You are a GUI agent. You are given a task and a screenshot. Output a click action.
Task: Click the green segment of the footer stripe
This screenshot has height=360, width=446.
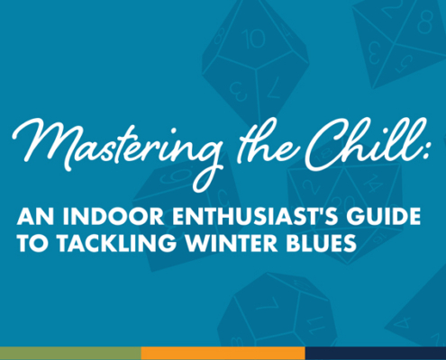pyautogui.click(x=70, y=354)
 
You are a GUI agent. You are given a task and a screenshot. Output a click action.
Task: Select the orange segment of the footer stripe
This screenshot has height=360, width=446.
pyautogui.click(x=223, y=354)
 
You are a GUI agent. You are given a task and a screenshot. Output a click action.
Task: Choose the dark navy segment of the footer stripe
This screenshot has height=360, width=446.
pyautogui.click(x=376, y=354)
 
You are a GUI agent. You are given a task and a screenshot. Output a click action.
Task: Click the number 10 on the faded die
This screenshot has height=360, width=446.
pyautogui.click(x=255, y=40)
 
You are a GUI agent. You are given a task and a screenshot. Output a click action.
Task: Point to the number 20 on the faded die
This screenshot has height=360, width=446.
pyautogui.click(x=348, y=202)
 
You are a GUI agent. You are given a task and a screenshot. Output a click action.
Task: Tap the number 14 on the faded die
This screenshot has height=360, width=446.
pyautogui.click(x=372, y=182)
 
